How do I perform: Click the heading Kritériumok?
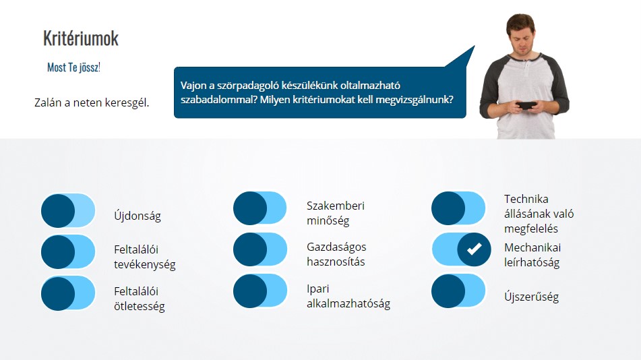(x=80, y=38)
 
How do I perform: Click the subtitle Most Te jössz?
(x=73, y=67)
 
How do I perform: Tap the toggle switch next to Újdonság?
(x=68, y=211)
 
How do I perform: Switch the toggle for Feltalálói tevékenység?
(x=68, y=251)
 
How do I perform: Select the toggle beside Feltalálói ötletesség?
(x=68, y=293)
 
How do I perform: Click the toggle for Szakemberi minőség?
(x=260, y=208)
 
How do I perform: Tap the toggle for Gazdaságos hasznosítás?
(x=260, y=249)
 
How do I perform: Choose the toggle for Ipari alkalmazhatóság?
(x=260, y=291)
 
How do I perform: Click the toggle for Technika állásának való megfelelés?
(x=458, y=208)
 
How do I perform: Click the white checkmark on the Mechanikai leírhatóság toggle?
(x=475, y=249)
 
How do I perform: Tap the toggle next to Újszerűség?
(x=458, y=291)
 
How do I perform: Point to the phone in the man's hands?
(x=527, y=105)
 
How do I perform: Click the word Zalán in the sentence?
(x=48, y=102)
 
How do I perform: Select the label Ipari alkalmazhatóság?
(x=348, y=296)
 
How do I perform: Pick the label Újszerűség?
(x=531, y=296)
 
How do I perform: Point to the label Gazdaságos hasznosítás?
(x=336, y=254)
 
